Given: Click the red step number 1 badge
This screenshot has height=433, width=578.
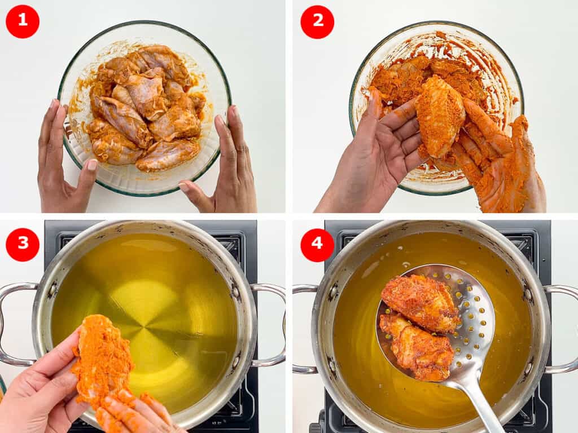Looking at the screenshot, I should [23, 21].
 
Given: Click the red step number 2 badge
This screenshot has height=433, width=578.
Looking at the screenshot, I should [317, 21].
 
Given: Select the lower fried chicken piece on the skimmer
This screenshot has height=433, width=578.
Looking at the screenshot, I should [418, 347].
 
